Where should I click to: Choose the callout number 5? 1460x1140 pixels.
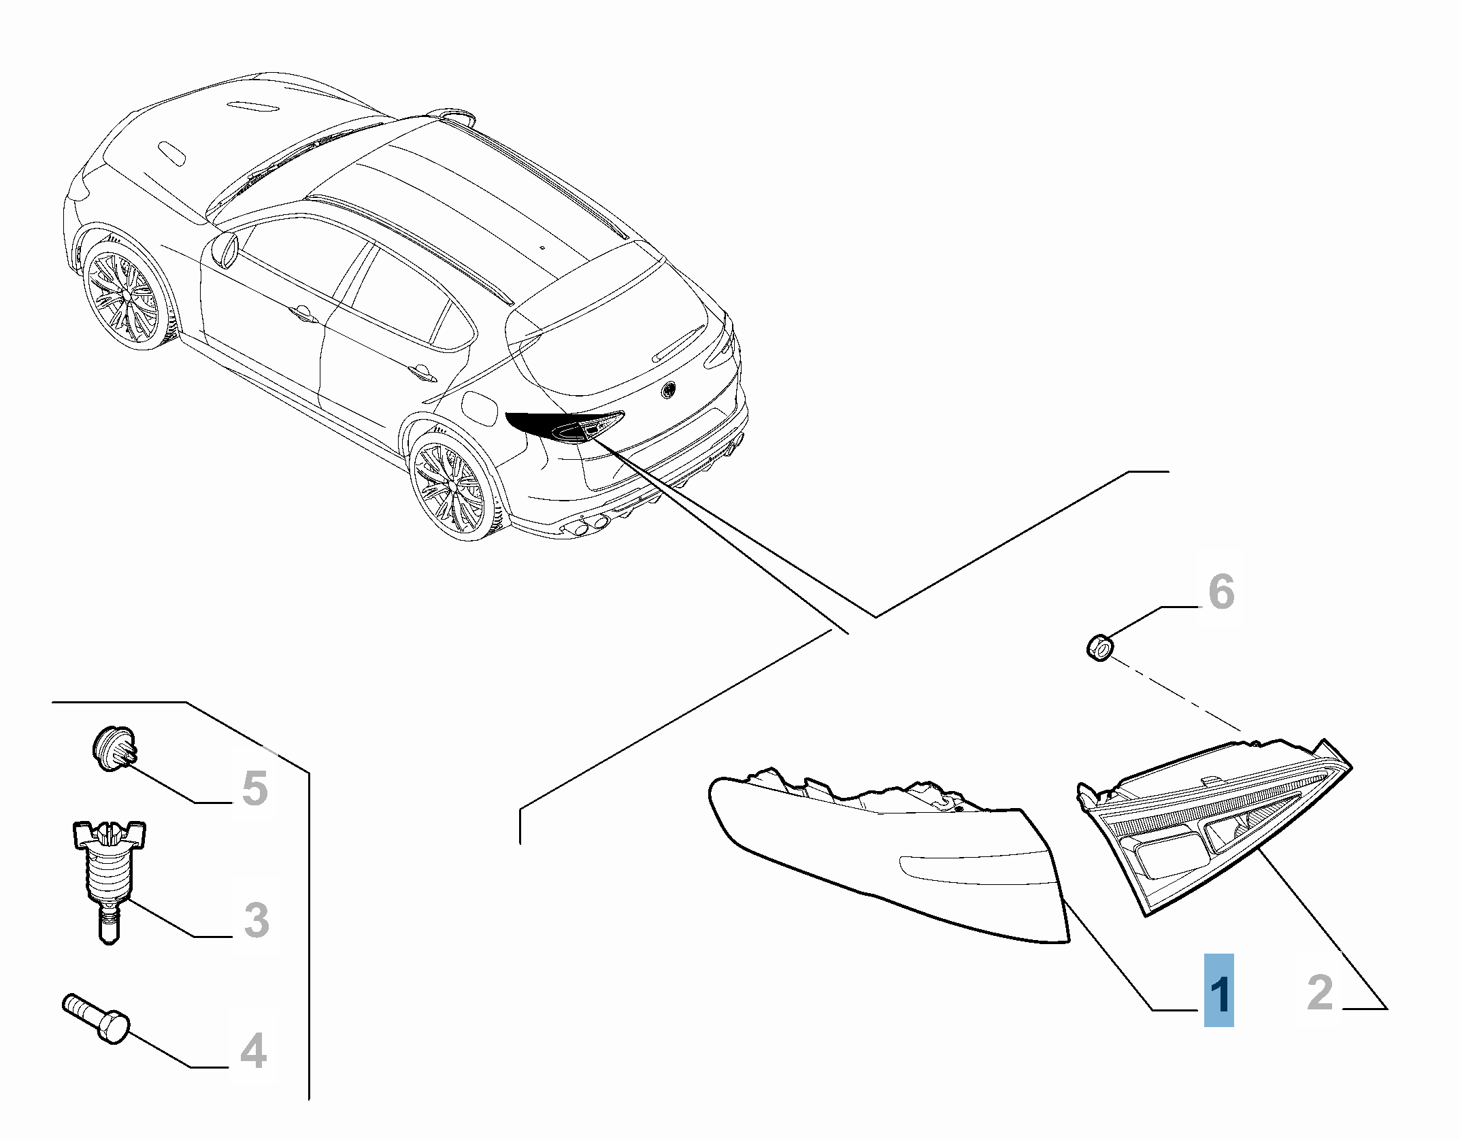pos(254,788)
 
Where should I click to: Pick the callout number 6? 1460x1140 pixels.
pos(1221,591)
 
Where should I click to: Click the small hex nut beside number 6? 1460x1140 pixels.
pos(1099,646)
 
